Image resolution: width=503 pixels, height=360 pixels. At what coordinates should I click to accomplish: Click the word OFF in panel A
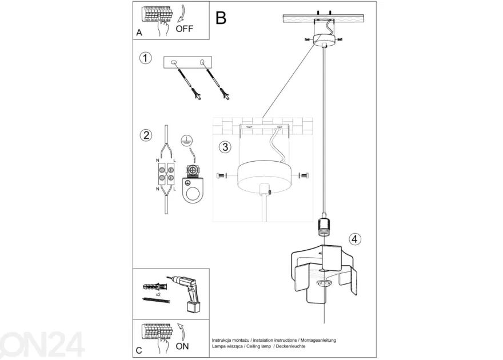(185, 29)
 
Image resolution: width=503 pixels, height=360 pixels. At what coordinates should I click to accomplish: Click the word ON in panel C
(182, 346)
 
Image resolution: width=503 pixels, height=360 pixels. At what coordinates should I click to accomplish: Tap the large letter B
(221, 18)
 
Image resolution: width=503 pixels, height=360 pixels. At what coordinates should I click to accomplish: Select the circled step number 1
(146, 58)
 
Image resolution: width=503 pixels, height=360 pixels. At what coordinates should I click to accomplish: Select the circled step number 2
(146, 135)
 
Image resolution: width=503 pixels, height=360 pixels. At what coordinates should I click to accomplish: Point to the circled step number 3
(225, 147)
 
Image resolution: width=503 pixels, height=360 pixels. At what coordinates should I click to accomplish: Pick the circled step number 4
(354, 239)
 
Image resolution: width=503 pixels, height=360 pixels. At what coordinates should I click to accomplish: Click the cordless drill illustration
(187, 293)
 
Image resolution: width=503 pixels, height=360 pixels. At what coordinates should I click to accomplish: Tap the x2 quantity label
(158, 294)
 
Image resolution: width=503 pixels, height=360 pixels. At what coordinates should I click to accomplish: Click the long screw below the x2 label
(156, 300)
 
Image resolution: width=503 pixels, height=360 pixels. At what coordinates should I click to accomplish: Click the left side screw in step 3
(222, 175)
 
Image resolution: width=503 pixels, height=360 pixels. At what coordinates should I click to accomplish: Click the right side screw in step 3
(304, 175)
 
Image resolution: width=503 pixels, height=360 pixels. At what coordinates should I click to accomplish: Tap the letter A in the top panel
(139, 33)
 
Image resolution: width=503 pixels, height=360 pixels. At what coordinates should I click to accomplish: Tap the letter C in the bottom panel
(139, 350)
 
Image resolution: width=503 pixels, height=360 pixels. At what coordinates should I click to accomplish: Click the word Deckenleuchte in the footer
(290, 346)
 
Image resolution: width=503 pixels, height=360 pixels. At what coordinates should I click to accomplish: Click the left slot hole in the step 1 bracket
(174, 62)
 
